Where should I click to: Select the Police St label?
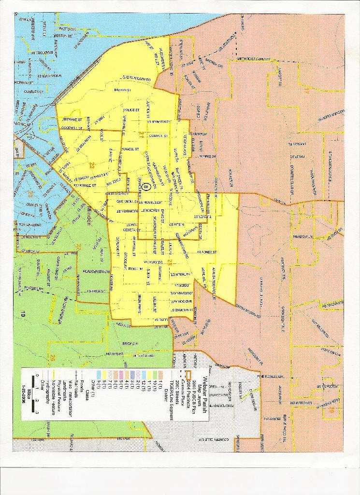131,110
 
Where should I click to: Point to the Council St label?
158,136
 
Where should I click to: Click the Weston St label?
62,36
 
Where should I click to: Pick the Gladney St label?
207,252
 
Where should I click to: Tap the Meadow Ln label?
302,236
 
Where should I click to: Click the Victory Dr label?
152,262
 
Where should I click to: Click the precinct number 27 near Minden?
78,248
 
